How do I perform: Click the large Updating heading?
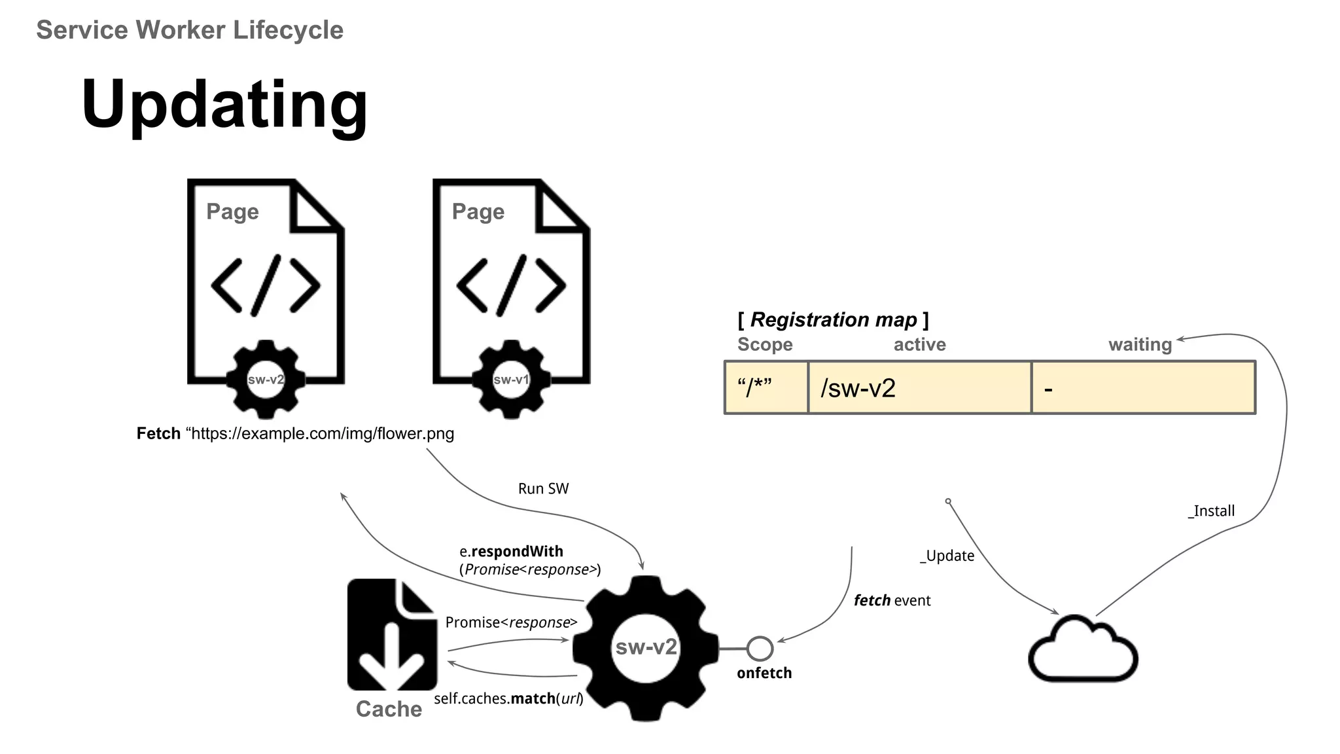pos(224,105)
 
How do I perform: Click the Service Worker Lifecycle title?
pos(190,30)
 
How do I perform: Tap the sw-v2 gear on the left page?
pos(266,380)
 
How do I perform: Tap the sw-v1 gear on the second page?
pos(511,380)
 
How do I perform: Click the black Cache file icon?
pos(392,634)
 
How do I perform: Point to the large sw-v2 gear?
pos(646,648)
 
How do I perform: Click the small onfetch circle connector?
pos(760,649)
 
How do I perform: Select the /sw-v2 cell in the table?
pos(919,388)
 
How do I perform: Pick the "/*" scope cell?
pos(766,388)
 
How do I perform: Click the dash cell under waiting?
pos(1143,388)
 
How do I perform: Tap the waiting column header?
pos(1140,344)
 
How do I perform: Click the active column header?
pos(919,344)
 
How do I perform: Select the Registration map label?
pos(833,319)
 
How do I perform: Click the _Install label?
pos(1211,511)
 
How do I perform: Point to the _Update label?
pos(947,556)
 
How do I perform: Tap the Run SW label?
pos(543,488)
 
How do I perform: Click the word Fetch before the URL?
pos(158,433)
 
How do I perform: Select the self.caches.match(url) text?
pos(508,698)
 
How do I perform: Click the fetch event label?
pos(892,600)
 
